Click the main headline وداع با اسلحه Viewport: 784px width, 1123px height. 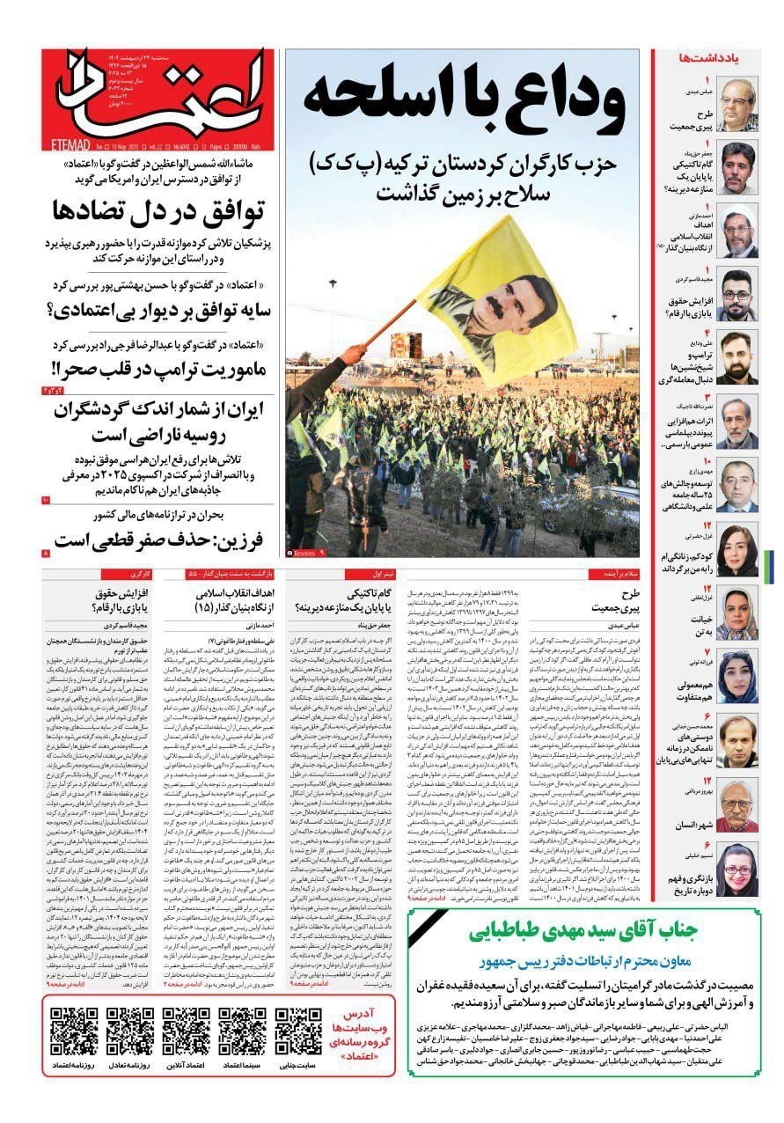click(463, 99)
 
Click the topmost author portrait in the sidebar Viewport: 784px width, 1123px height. click(737, 104)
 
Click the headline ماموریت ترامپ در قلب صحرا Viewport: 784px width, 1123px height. click(160, 366)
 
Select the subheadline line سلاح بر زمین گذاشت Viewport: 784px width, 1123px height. click(462, 192)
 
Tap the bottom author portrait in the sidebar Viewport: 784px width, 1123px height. click(737, 870)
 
